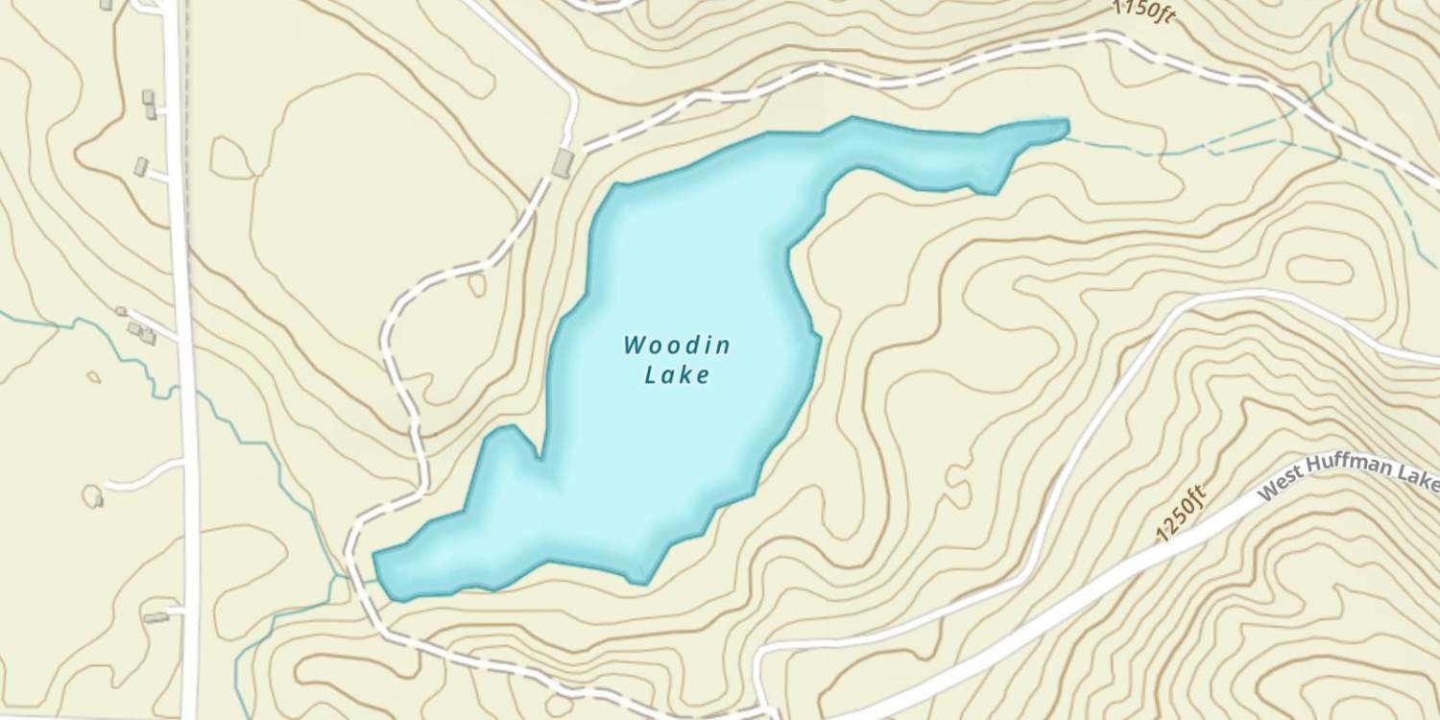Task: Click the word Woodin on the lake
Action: coord(677,345)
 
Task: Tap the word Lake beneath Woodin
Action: coord(677,374)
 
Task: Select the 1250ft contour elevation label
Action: coord(1181,515)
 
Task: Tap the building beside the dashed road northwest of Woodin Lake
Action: coord(564,163)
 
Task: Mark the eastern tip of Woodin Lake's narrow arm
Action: coord(1066,123)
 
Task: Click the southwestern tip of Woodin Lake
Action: coord(376,556)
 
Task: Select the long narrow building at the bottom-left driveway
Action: coord(156,618)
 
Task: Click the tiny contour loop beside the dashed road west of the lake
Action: coord(477,285)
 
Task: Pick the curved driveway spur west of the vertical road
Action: coord(144,475)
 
